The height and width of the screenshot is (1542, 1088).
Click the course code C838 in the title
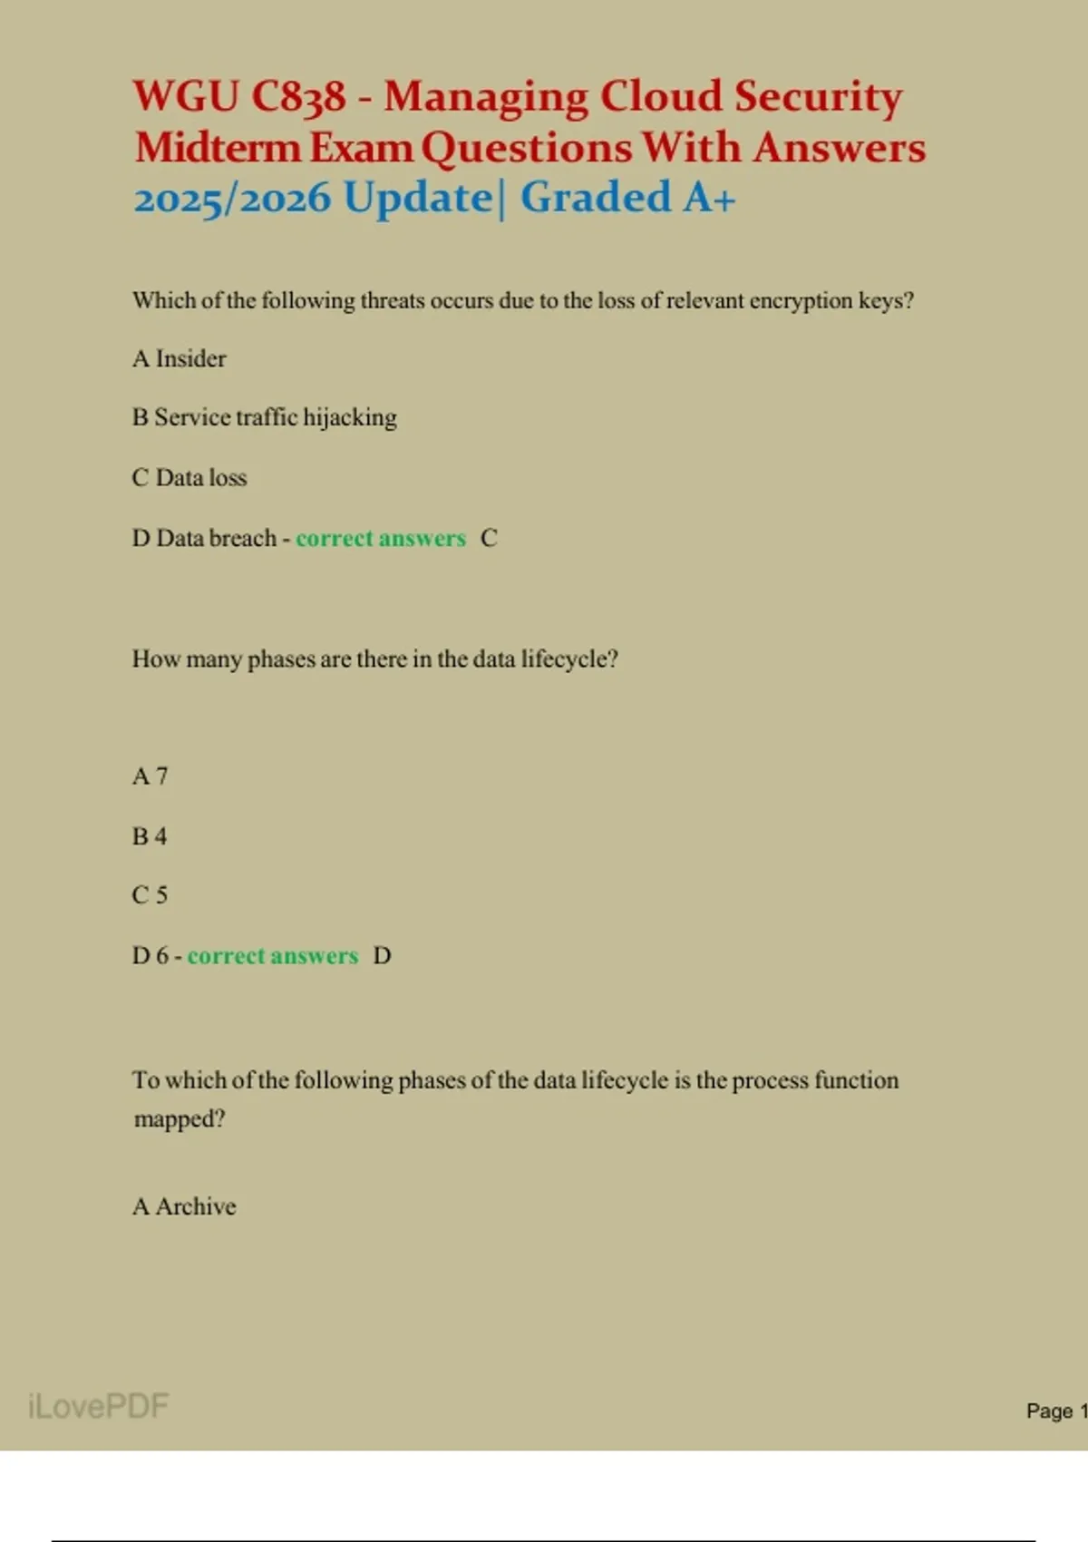pyautogui.click(x=298, y=96)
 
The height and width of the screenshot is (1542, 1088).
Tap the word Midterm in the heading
pyautogui.click(x=218, y=147)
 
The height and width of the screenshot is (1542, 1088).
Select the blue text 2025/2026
pyautogui.click(x=232, y=198)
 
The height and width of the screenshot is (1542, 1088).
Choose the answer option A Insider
pyautogui.click(x=180, y=358)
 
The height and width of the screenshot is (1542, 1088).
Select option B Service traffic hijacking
pyautogui.click(x=265, y=417)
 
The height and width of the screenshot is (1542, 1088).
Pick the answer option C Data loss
pyautogui.click(x=189, y=477)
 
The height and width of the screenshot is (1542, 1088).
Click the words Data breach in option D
pyautogui.click(x=216, y=538)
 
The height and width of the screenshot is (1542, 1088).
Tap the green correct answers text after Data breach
pyautogui.click(x=381, y=538)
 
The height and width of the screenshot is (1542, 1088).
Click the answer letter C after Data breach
pyautogui.click(x=489, y=538)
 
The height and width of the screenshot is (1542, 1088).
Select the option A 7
pyautogui.click(x=151, y=776)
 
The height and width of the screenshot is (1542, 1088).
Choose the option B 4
pyautogui.click(x=150, y=835)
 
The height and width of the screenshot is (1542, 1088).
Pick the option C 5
pyautogui.click(x=150, y=895)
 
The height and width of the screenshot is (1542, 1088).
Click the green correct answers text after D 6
pyautogui.click(x=273, y=956)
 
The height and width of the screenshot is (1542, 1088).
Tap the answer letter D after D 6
pyautogui.click(x=382, y=956)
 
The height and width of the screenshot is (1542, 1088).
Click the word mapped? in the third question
pyautogui.click(x=180, y=1118)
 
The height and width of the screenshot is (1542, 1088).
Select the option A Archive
pyautogui.click(x=184, y=1206)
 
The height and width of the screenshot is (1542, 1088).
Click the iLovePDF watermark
pyautogui.click(x=98, y=1406)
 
